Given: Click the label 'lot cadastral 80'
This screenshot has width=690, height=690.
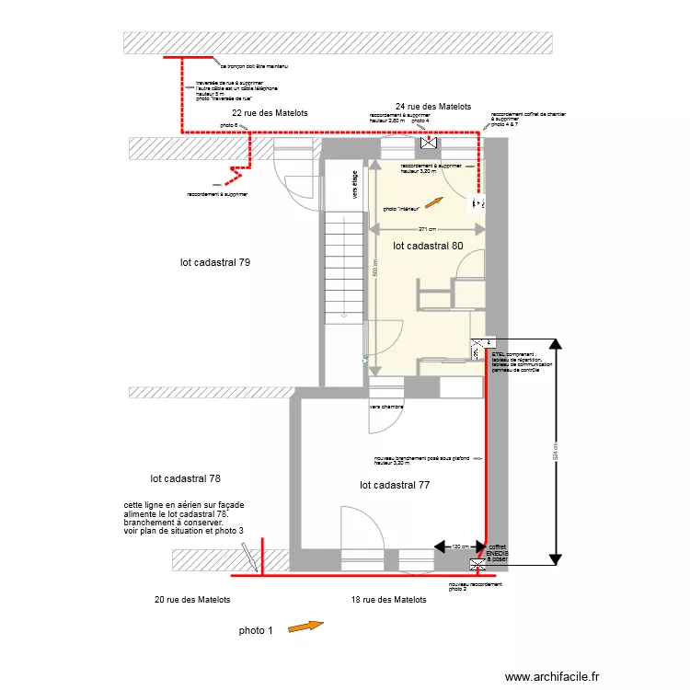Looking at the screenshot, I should (428, 247).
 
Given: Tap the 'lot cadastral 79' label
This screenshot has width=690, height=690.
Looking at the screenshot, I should (215, 262).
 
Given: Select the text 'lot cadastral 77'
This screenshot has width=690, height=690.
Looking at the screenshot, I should (395, 484).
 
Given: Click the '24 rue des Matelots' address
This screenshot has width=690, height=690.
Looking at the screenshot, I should (433, 107).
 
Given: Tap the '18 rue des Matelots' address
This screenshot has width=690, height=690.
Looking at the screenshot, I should (388, 600).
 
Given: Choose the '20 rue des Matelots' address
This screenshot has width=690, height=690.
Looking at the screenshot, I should (192, 600).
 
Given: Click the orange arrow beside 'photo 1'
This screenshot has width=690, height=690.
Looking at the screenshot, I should (306, 627).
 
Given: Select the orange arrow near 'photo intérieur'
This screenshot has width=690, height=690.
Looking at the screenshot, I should (433, 204).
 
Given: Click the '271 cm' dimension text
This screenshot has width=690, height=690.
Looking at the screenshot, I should (427, 229).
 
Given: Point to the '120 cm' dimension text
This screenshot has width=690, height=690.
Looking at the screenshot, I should (458, 546).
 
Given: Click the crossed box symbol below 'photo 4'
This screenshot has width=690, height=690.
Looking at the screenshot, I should (428, 144).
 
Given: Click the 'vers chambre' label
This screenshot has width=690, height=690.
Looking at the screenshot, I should (386, 406).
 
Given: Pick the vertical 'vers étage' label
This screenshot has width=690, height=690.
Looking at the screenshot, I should (354, 184).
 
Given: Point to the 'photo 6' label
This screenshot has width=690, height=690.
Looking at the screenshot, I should (229, 125).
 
